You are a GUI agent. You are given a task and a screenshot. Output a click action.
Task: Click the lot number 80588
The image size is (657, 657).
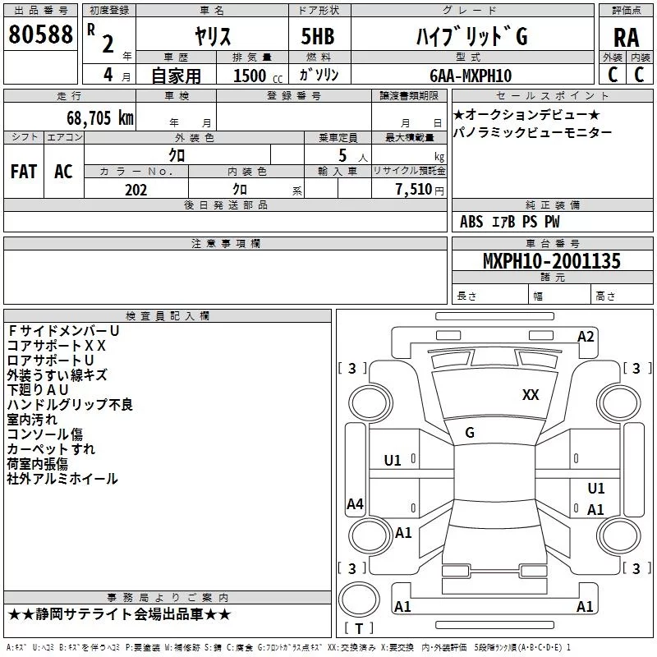tap(40, 34)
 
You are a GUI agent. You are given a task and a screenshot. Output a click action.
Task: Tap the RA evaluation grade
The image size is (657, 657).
tap(627, 38)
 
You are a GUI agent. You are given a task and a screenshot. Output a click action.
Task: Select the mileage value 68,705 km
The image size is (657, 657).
tap(100, 118)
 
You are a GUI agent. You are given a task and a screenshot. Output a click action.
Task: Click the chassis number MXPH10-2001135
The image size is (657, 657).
tap(551, 260)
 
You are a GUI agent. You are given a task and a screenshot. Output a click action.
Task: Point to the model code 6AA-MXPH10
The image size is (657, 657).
tap(471, 76)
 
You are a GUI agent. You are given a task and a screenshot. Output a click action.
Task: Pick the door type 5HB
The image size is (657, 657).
tap(318, 36)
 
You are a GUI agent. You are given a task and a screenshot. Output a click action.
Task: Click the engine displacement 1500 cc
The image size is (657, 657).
tap(258, 76)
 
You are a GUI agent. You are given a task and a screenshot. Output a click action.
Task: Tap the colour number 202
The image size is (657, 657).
tap(136, 190)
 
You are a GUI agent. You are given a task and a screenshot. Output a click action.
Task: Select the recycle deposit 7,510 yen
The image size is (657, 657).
tap(420, 190)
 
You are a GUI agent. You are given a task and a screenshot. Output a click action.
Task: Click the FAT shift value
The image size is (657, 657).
tap(24, 172)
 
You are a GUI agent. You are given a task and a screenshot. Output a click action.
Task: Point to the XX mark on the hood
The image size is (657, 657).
tap(531, 395)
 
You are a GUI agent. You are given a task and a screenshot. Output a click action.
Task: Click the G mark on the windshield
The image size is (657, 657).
tap(470, 433)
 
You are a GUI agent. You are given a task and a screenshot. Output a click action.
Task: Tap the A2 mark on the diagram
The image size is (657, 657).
tap(586, 337)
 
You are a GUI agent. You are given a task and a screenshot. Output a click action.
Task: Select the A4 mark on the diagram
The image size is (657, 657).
tap(355, 503)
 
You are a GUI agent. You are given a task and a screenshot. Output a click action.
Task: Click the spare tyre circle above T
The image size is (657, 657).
tap(359, 600)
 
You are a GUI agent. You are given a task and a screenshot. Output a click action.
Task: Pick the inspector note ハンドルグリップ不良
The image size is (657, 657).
tap(70, 404)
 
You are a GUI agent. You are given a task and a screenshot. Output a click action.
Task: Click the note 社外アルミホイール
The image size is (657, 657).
tap(62, 479)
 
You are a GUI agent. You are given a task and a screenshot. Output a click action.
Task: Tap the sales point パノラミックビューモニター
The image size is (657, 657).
tap(532, 132)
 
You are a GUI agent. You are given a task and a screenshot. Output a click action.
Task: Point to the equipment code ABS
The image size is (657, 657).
tap(471, 222)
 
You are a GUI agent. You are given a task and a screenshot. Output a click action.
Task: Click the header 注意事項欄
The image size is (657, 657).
tap(226, 243)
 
